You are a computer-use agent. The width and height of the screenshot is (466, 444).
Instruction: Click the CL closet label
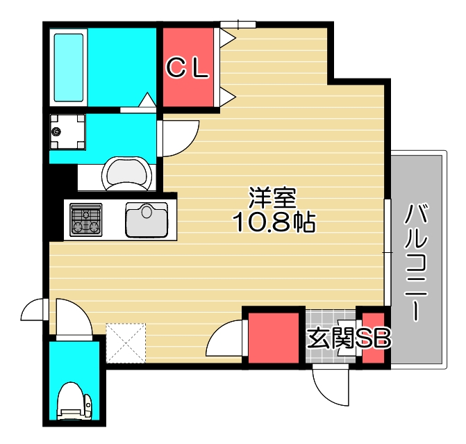pos(187,67)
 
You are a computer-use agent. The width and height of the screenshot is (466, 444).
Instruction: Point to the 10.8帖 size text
pos(274,222)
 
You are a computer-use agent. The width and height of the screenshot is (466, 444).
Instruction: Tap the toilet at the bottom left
pos(74,404)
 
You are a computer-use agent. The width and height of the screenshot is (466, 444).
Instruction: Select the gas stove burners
pos(86,220)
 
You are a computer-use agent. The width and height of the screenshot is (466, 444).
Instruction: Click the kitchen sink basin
pos(147,220)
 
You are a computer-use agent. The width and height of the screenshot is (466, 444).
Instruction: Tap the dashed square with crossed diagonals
pos(126,343)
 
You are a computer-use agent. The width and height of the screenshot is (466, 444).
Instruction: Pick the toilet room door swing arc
pos(74,317)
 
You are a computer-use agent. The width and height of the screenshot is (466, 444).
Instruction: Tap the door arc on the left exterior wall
pos(34,310)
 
